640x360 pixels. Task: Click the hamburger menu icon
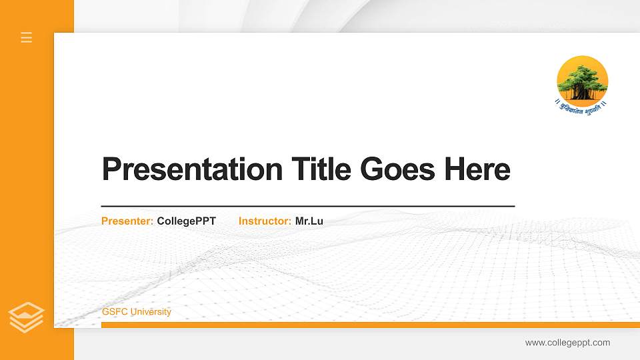point(27,37)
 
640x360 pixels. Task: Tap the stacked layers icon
point(27,317)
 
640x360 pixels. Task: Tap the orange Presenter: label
point(127,221)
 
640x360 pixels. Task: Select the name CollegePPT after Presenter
point(187,221)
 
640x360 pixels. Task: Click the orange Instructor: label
point(265,221)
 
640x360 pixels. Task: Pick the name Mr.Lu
point(309,221)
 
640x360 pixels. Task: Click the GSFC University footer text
point(137,312)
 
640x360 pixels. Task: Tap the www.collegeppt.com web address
point(567,343)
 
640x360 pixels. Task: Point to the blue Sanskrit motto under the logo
point(582,105)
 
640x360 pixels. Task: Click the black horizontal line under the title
point(308,207)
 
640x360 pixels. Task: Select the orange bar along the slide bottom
point(367,325)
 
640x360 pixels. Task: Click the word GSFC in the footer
point(113,312)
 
